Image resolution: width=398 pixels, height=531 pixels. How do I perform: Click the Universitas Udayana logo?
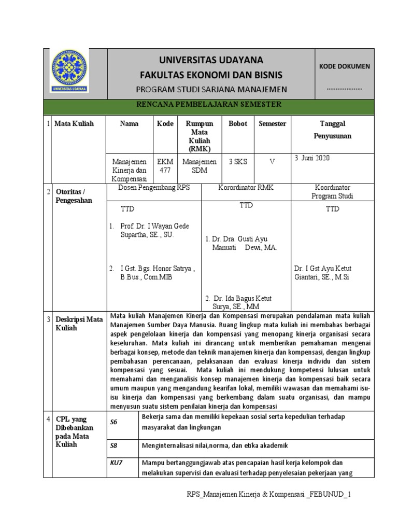(x=71, y=74)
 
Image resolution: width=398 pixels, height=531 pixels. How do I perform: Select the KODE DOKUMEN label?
(x=344, y=66)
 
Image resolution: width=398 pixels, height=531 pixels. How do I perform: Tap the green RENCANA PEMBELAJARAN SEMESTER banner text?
(x=208, y=105)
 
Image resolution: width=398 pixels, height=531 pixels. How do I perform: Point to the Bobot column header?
(x=238, y=124)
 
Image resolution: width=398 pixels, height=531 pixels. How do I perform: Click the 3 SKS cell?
(x=238, y=161)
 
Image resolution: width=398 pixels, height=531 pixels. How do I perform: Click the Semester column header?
(x=273, y=124)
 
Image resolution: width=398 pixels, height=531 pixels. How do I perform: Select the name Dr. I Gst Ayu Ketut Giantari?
(x=322, y=273)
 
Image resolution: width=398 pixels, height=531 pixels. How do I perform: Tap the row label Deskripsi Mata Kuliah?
(x=80, y=324)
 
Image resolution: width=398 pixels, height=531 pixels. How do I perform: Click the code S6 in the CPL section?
(x=114, y=422)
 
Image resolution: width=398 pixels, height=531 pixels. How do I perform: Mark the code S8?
(x=114, y=445)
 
